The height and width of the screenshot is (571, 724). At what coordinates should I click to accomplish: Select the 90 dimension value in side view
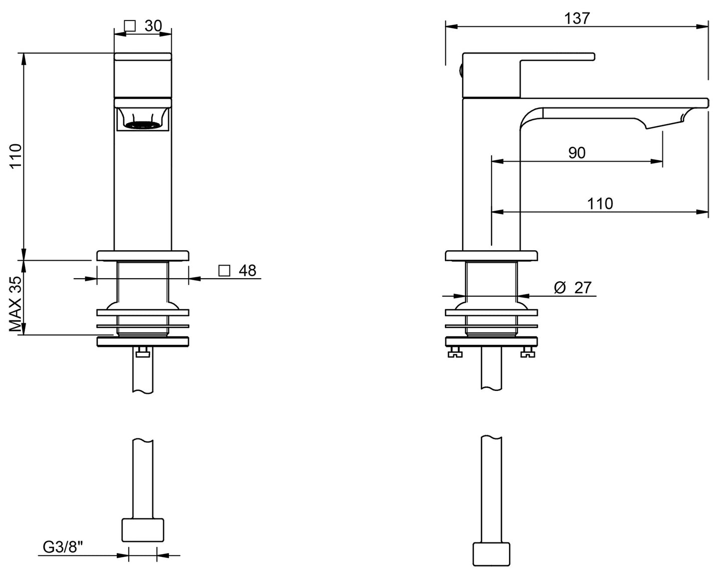click(x=577, y=153)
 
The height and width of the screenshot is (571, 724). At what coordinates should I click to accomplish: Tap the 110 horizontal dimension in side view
click(x=600, y=203)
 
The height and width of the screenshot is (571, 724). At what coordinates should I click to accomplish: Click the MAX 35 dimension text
click(x=16, y=304)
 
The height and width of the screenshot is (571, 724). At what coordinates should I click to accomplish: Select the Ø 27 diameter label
click(x=573, y=288)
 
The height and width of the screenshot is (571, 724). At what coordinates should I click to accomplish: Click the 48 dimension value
click(x=247, y=271)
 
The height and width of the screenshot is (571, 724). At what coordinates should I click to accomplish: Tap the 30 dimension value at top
click(x=153, y=26)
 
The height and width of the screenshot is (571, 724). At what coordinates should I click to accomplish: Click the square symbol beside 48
click(x=224, y=271)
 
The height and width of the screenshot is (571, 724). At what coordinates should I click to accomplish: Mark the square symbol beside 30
click(x=130, y=26)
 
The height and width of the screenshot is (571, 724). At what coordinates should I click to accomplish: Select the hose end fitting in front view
click(x=143, y=530)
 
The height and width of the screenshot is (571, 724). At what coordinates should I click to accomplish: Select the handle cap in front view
click(x=143, y=57)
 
